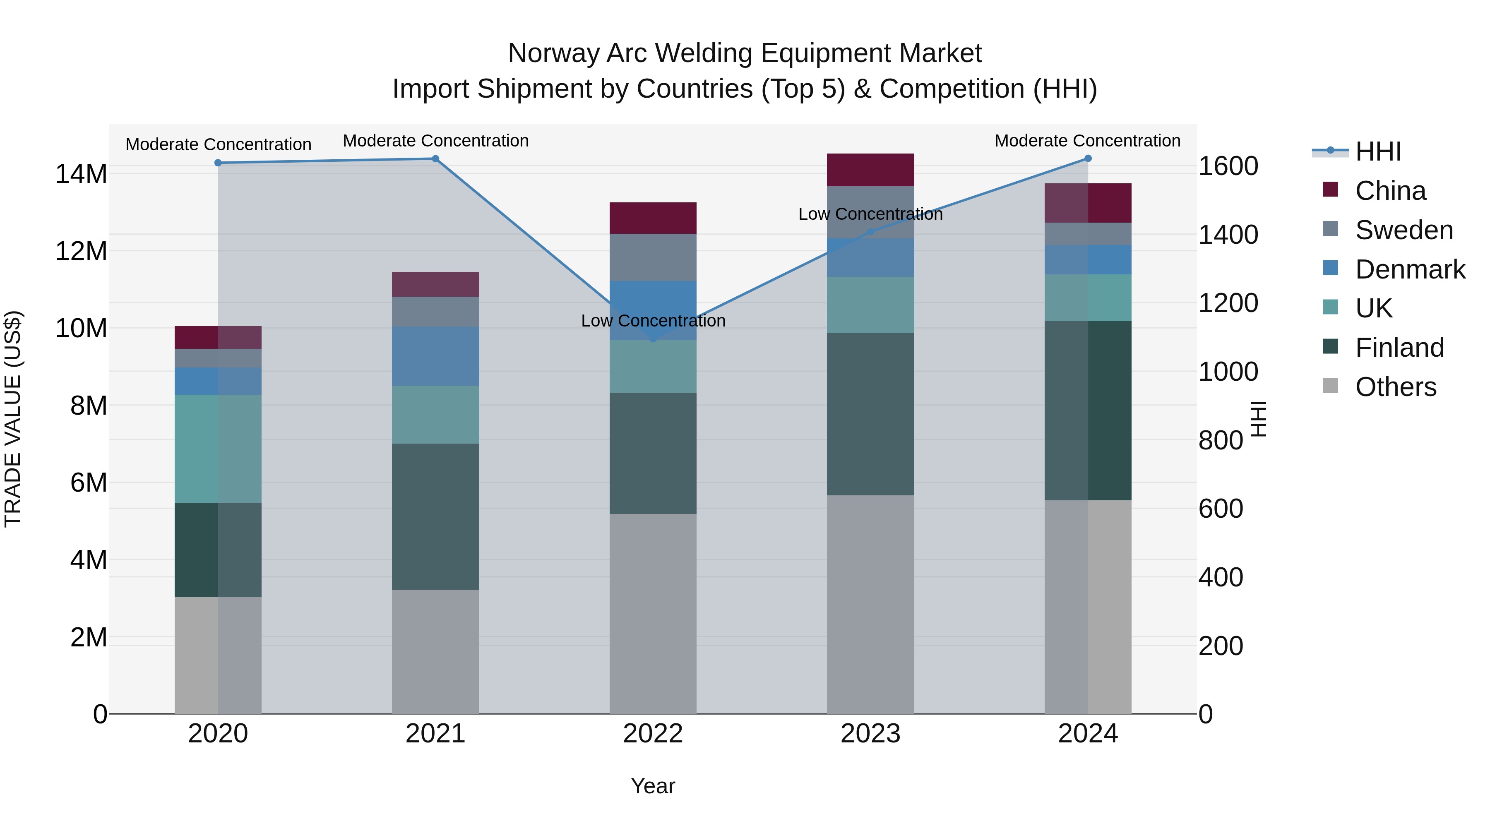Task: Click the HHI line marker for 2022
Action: [653, 339]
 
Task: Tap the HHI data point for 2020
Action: [218, 163]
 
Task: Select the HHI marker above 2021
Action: [435, 158]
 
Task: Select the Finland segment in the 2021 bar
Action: [435, 516]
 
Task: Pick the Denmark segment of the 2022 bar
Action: [653, 310]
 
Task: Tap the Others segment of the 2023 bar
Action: [870, 604]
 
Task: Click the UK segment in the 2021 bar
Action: [435, 414]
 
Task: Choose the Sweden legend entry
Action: [1404, 230]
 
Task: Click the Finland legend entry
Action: [1399, 348]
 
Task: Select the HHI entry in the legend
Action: [1378, 151]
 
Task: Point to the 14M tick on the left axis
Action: [81, 174]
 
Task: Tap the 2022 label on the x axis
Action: [653, 734]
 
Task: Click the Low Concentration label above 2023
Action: [870, 214]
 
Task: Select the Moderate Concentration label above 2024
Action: [1087, 141]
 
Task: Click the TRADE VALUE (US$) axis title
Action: [13, 419]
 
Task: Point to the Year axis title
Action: [653, 786]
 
